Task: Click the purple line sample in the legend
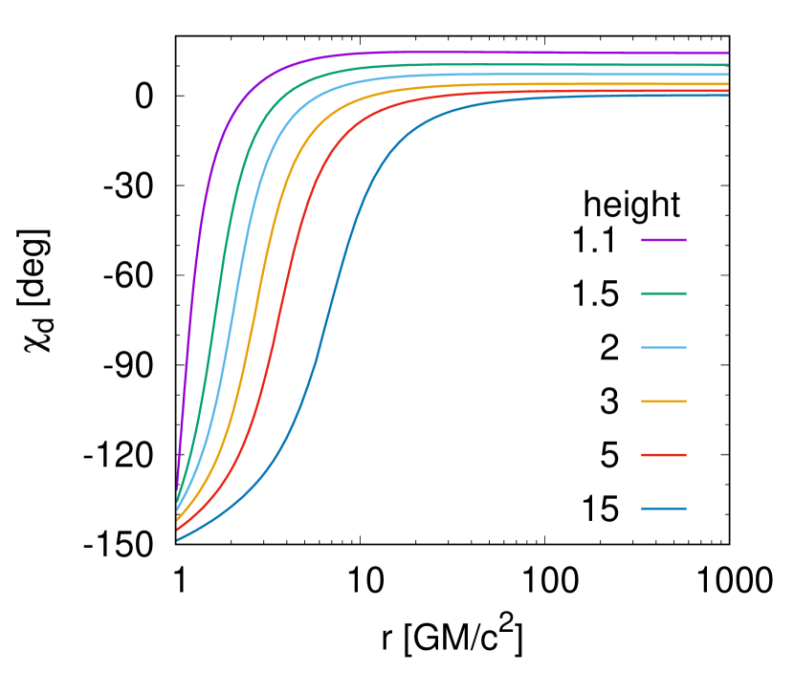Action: (x=663, y=240)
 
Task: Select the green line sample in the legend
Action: (x=663, y=293)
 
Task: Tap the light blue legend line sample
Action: (x=663, y=347)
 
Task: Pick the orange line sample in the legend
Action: (x=663, y=402)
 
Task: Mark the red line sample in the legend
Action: (x=663, y=455)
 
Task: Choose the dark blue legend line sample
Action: (x=663, y=509)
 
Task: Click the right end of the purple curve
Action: (x=727, y=54)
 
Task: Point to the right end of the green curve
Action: (x=727, y=65)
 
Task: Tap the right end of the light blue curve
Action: (x=727, y=75)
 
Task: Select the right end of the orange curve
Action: (x=727, y=84)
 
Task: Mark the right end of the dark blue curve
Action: (x=727, y=96)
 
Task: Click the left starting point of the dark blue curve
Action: (x=178, y=540)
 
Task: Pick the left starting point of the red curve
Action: (x=178, y=529)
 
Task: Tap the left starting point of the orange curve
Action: (x=178, y=519)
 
